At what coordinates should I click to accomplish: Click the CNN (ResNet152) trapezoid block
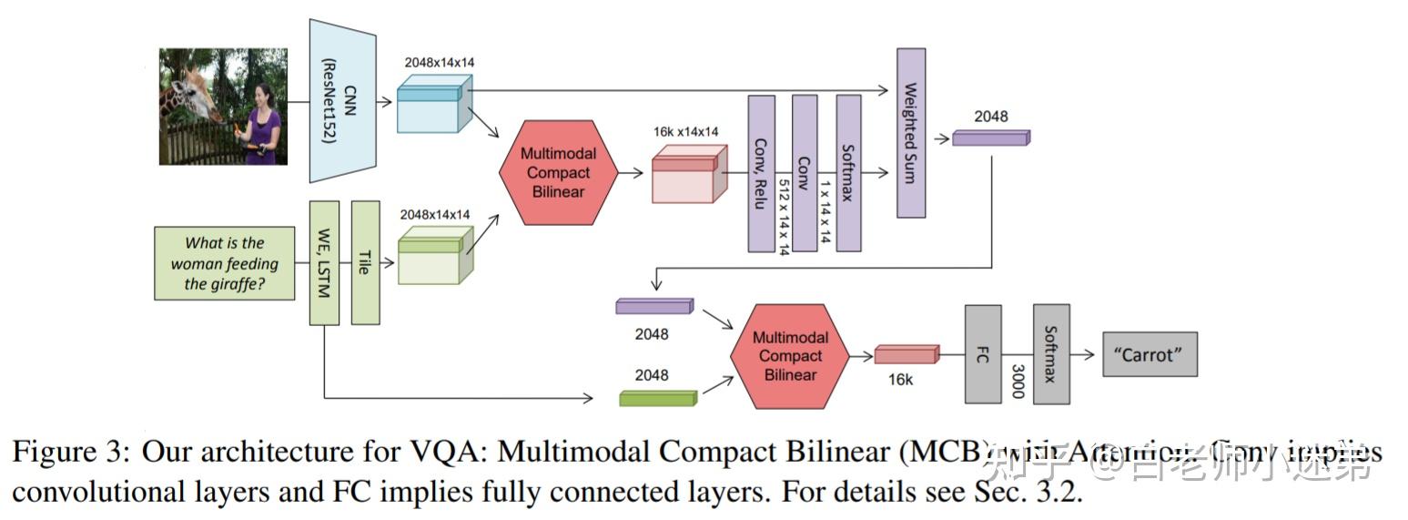tap(343, 100)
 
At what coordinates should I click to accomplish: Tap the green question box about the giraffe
tap(225, 263)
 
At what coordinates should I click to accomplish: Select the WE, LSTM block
tap(324, 263)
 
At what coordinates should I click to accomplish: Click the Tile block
tap(365, 263)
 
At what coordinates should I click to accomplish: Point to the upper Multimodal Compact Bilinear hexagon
tap(558, 172)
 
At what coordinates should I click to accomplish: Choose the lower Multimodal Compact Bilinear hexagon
tap(790, 356)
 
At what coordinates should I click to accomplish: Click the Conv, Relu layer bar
tap(761, 173)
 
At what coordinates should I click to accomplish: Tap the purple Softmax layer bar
tap(848, 173)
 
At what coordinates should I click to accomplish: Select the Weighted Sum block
tap(910, 133)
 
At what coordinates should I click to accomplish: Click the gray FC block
tap(983, 354)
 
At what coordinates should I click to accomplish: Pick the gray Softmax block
tap(1050, 354)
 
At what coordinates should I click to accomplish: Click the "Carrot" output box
tap(1150, 354)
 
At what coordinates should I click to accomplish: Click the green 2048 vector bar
tap(657, 398)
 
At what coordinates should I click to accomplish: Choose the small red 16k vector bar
tap(906, 354)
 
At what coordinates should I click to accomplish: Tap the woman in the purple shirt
tap(262, 123)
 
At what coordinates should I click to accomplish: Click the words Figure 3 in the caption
tap(70, 453)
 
